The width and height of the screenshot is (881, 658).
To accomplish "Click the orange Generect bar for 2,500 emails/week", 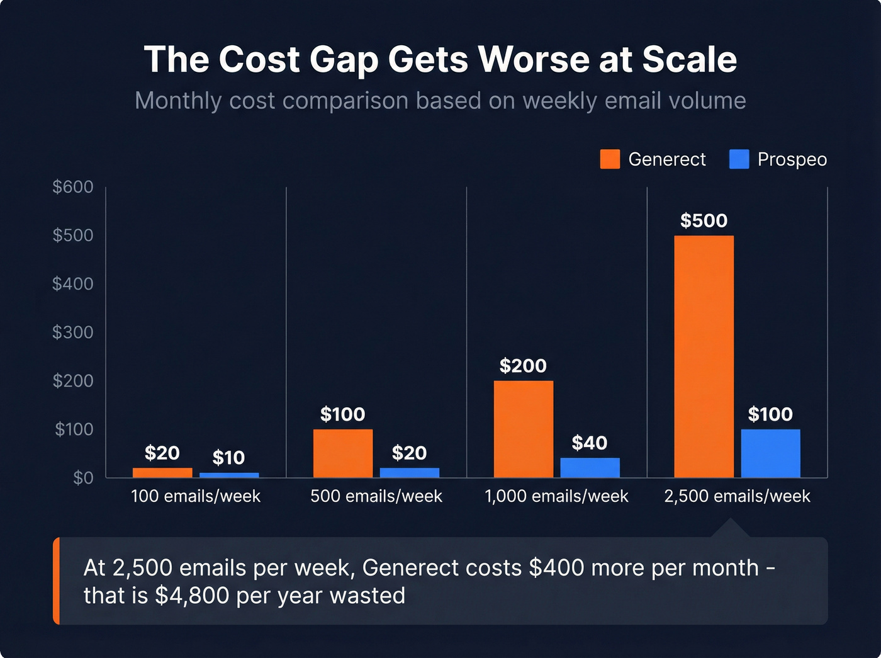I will (704, 356).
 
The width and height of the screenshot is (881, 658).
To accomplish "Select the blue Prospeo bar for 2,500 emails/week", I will (770, 453).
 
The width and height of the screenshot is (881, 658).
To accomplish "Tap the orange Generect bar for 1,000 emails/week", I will (524, 429).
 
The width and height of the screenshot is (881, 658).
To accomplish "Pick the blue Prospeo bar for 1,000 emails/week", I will (590, 467).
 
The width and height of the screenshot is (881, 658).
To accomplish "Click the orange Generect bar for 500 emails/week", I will (343, 453).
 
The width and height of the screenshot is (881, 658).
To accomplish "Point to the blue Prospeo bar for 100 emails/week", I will (229, 475).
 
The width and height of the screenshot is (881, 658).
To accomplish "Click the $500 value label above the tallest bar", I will (704, 221).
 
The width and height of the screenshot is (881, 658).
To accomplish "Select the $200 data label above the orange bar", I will (523, 366).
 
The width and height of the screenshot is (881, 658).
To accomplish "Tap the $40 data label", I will (590, 443).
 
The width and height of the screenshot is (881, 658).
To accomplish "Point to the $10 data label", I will (228, 458).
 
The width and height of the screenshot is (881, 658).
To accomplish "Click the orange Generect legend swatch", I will (610, 159).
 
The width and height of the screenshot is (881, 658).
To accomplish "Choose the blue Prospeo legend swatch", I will (739, 159).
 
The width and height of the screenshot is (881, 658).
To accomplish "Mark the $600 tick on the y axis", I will (73, 187).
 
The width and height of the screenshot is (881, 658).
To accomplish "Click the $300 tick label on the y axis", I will (73, 332).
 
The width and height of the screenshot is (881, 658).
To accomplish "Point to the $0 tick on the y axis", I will (83, 478).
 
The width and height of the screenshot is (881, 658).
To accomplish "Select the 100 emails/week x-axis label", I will (196, 496).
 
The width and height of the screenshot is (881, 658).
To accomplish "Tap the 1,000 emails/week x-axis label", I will (556, 496).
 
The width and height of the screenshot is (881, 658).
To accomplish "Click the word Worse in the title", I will (534, 60).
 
